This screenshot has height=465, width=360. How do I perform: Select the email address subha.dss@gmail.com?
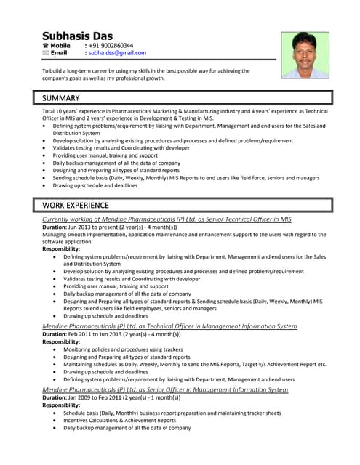pos(117,53)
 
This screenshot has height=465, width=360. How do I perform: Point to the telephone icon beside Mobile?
pos(46,46)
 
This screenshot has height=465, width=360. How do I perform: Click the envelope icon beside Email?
pos(46,53)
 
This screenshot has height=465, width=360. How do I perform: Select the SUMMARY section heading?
pos(61,97)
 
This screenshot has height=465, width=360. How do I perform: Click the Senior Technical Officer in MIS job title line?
pos(167,219)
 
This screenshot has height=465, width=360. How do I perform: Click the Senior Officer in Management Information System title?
pos(165,389)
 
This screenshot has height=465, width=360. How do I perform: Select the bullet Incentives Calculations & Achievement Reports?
pos(119,420)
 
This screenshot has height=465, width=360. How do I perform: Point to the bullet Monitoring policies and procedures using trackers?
pos(122,349)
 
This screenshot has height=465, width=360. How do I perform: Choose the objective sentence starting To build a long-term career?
pos(145,71)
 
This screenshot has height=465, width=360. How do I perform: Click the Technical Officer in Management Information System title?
pos(169,326)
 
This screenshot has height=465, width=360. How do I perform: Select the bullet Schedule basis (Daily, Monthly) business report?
pos(172,413)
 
